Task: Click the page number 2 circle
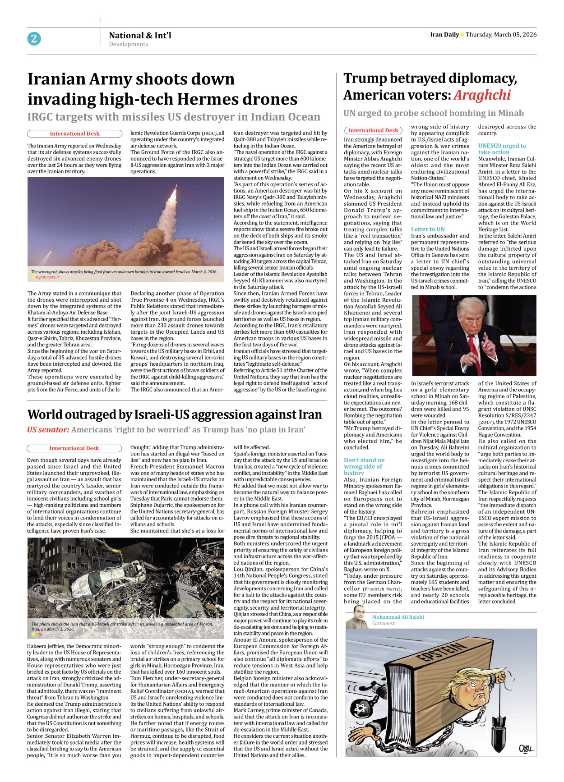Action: (x=34, y=39)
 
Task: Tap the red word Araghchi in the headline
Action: (x=482, y=95)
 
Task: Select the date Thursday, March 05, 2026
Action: (x=501, y=35)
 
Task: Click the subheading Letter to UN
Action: (x=428, y=229)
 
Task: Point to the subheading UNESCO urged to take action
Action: (x=502, y=149)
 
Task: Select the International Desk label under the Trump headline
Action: (x=373, y=130)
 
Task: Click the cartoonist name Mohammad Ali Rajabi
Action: (x=398, y=617)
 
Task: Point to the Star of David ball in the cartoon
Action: (x=361, y=708)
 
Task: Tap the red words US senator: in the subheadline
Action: (x=48, y=430)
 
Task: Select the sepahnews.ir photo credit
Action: (x=47, y=277)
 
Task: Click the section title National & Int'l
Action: (x=140, y=35)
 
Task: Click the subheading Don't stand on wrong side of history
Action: (x=364, y=466)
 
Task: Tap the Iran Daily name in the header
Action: (x=444, y=35)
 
